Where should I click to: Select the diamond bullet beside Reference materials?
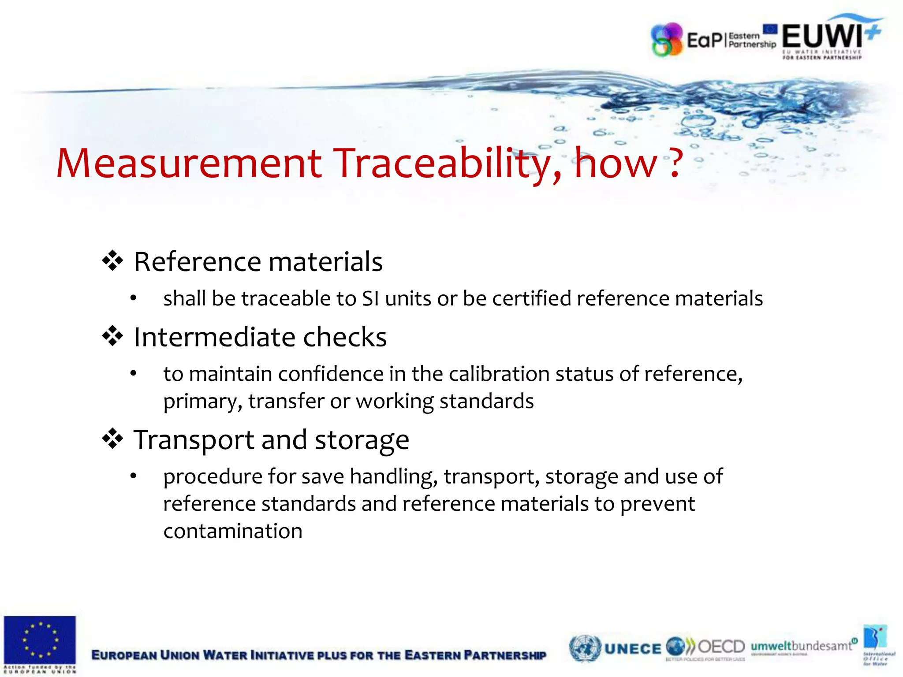coord(112,261)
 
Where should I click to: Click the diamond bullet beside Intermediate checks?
coord(112,336)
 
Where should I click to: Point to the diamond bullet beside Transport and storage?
coord(112,439)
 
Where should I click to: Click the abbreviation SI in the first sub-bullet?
coord(370,298)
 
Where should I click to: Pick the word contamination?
coord(233,531)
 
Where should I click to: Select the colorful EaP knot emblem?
coord(667,40)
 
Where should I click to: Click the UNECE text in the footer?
coord(633,649)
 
